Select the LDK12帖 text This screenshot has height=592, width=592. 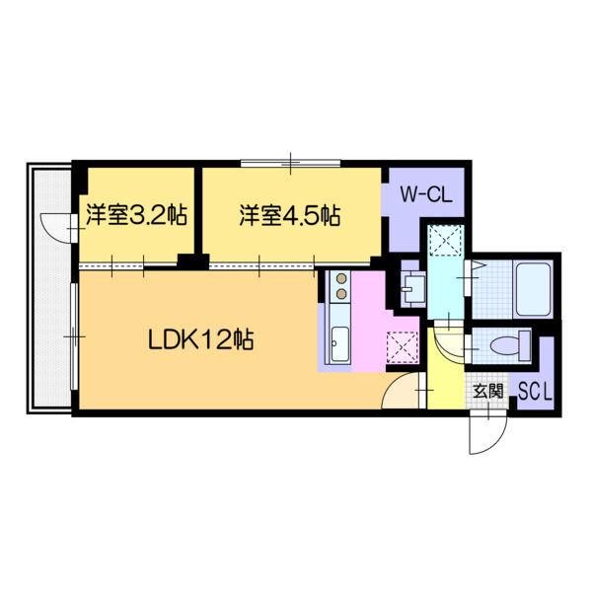201,340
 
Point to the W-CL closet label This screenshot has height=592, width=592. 425,194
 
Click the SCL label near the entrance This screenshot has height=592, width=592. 536,391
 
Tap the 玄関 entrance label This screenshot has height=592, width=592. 487,391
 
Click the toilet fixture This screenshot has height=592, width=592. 508,345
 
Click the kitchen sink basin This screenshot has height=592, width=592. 339,344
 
